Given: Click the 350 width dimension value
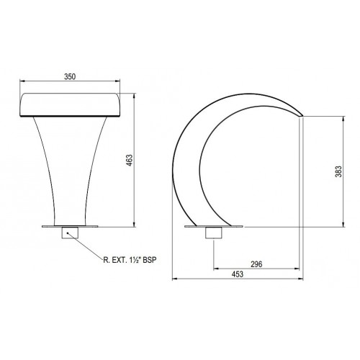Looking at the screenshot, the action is (70, 76).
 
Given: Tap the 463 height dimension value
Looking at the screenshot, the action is (129, 161).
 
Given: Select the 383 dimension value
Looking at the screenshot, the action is (338, 171).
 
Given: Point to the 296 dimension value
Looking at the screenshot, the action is (256, 264).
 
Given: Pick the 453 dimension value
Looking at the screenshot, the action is (238, 274).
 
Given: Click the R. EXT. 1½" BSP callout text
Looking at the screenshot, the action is (130, 260).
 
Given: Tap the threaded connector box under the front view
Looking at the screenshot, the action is (70, 233).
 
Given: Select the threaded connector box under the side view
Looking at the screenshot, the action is (214, 233).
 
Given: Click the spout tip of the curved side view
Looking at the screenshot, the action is (302, 115).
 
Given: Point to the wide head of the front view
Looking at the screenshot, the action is (70, 105).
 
